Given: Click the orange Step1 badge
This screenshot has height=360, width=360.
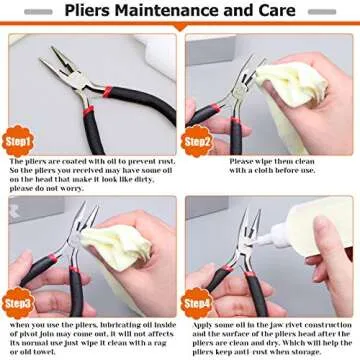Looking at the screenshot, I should [x=20, y=139].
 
